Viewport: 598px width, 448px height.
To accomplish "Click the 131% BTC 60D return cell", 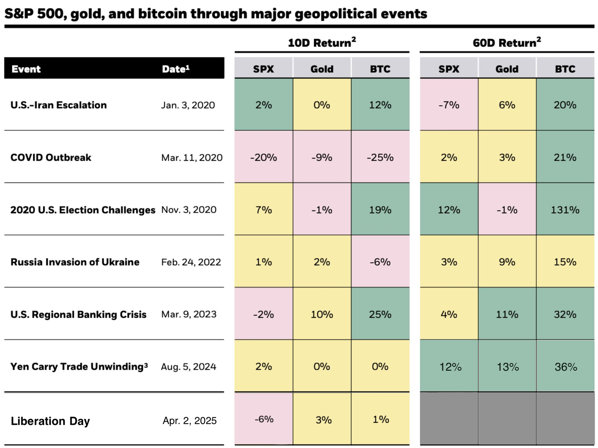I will [x=565, y=210].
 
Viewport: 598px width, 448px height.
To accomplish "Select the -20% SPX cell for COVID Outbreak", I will [x=263, y=158].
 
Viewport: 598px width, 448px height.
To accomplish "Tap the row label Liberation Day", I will [x=50, y=421].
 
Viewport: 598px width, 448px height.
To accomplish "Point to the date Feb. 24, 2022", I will [x=191, y=262].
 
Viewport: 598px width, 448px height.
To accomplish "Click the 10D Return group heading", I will [x=322, y=43].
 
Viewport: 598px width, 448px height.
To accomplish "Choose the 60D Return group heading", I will [x=507, y=43].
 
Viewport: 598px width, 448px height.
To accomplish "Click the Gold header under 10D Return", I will [x=322, y=69].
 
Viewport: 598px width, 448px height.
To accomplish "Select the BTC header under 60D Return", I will [x=565, y=69].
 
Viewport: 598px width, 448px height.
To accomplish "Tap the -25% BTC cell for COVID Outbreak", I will [x=380, y=158].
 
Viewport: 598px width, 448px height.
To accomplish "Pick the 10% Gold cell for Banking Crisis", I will [x=322, y=314].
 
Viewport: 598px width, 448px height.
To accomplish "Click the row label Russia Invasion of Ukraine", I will [x=75, y=262].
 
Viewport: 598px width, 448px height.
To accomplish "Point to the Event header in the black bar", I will [x=26, y=69].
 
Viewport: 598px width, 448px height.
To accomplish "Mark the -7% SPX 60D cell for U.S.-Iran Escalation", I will [x=449, y=105].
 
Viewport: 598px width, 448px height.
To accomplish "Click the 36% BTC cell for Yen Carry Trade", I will [x=566, y=367].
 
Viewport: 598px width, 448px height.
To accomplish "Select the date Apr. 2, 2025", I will [x=190, y=421].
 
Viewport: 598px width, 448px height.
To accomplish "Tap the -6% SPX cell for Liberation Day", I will [x=264, y=419].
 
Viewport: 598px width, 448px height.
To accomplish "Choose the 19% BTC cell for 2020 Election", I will [x=380, y=210].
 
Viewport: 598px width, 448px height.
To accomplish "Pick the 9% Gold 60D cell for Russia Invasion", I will [x=507, y=262].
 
